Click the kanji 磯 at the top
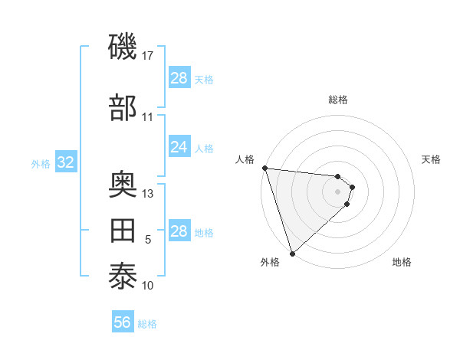coord(123,47)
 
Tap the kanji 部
coord(123,108)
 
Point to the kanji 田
coord(123,231)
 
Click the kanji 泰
coord(123,277)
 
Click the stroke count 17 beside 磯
coord(149,56)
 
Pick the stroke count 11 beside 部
coord(148,117)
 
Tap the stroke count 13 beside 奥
coord(148,194)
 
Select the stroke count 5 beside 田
coord(148,240)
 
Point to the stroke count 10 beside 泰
coord(148,286)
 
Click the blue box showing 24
coord(179,147)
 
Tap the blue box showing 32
coord(65,162)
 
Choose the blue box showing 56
coord(123,323)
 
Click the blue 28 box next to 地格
coord(179,231)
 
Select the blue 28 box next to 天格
coord(179,78)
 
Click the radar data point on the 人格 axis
coord(264,168)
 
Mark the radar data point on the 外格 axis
coord(292,253)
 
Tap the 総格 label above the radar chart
coord(338,100)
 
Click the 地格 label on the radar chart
coord(402,262)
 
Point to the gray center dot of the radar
coord(338,191)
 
